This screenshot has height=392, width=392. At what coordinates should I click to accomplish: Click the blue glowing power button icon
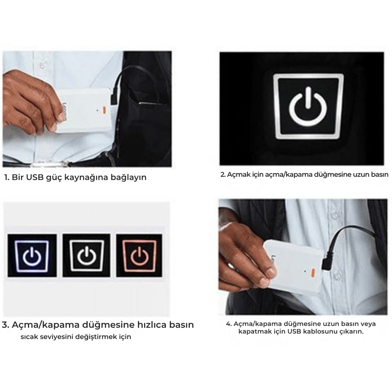(32, 256)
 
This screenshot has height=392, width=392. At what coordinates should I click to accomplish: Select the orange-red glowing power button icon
(139, 256)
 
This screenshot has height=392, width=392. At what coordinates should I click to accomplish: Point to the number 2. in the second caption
(223, 175)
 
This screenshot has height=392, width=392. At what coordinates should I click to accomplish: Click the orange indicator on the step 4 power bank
(313, 271)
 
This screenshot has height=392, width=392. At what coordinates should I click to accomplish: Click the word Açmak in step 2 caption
(237, 175)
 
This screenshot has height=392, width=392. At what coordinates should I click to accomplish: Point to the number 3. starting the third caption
(5, 325)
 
